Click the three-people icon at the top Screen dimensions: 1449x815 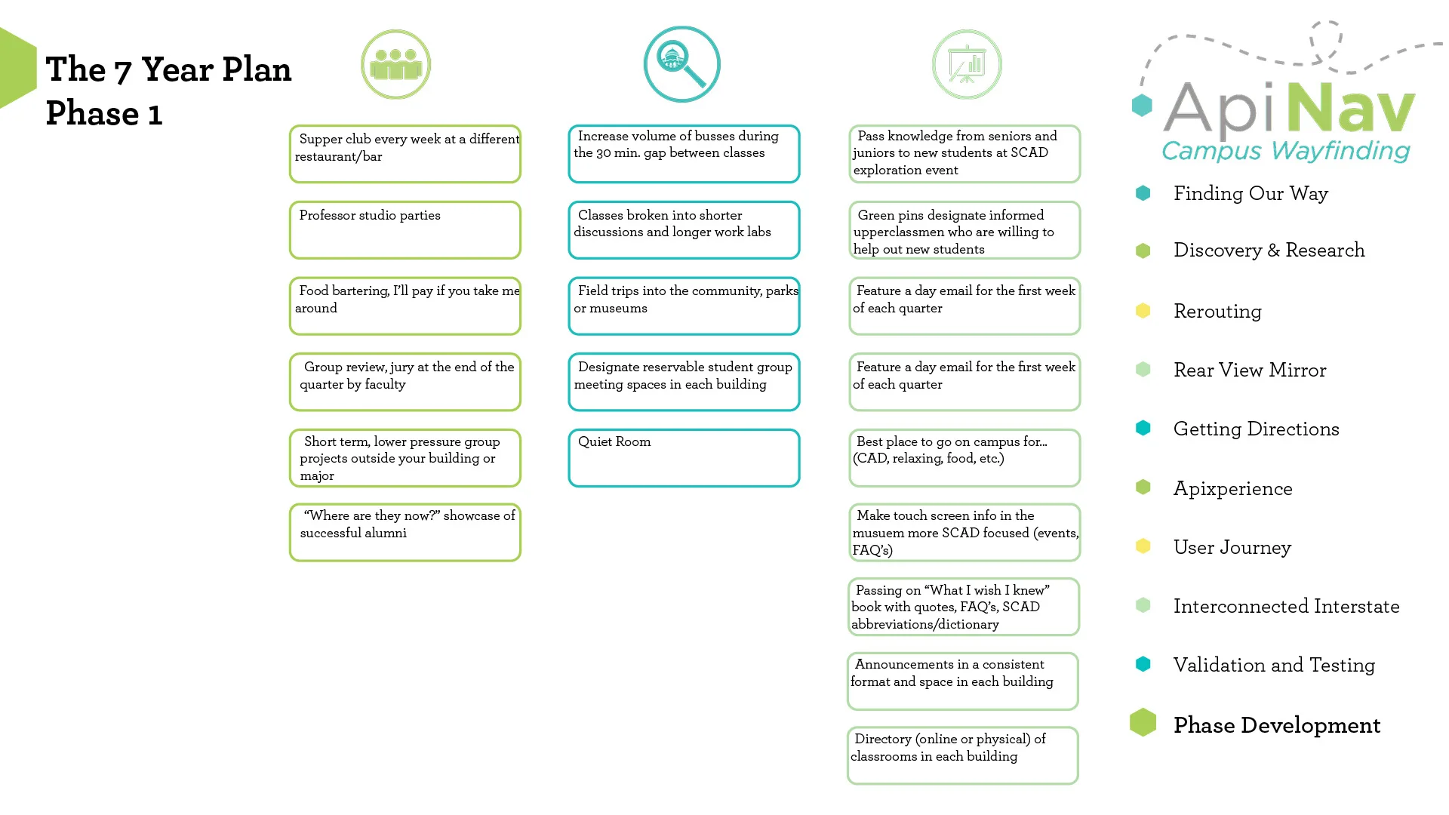click(x=395, y=64)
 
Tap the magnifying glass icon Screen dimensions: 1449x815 click(x=682, y=64)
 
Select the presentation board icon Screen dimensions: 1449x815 click(x=967, y=64)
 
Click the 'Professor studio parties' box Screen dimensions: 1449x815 click(x=405, y=229)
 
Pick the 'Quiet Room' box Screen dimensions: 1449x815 click(x=684, y=458)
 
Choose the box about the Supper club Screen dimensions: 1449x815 click(x=405, y=154)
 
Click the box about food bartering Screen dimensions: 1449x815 click(x=405, y=306)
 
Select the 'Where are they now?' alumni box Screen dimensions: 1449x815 click(x=405, y=532)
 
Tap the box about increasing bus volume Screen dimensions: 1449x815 click(x=684, y=154)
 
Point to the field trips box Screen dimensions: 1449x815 click(x=684, y=306)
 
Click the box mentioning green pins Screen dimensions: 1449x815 click(x=964, y=229)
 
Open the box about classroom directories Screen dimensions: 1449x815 click(x=963, y=755)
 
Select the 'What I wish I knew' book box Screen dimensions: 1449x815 click(x=964, y=607)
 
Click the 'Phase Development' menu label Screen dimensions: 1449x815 click(x=1277, y=725)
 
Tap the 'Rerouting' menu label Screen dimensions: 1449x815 click(x=1217, y=312)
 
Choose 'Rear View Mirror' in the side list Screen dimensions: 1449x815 click(x=1250, y=370)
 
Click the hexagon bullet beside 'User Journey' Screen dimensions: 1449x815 click(x=1143, y=546)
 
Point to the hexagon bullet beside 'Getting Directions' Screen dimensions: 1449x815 click(x=1143, y=428)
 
